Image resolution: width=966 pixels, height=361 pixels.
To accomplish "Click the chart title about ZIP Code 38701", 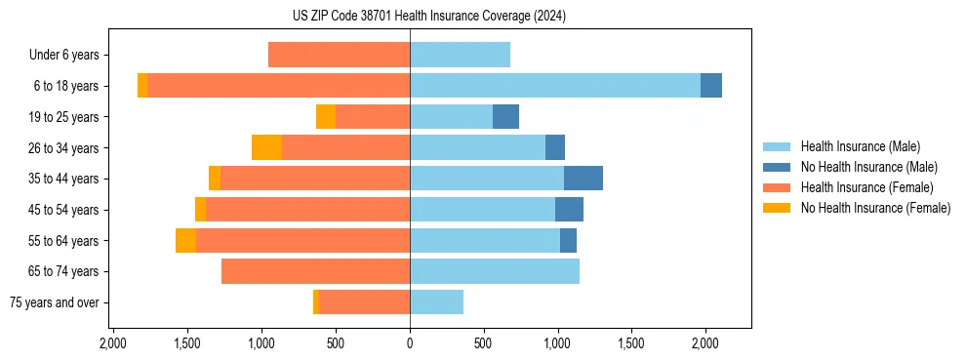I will tap(428, 16).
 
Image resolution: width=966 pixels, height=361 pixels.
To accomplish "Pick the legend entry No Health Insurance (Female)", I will tap(875, 208).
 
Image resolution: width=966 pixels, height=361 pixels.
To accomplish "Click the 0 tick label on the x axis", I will tap(410, 343).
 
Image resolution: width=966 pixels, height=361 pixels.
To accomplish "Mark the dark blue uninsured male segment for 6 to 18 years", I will tap(711, 86).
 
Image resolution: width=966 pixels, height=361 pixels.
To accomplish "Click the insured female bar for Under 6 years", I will tap(339, 56).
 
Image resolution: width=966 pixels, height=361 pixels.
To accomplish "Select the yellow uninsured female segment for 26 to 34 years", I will tap(266, 147).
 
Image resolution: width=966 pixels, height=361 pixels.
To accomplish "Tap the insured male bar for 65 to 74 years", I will tap(495, 271).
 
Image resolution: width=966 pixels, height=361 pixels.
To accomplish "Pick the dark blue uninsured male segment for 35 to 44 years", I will tap(584, 179).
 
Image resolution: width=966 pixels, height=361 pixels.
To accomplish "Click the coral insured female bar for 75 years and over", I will tap(364, 302).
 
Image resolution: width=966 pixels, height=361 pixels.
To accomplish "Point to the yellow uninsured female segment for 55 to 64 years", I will tap(185, 240).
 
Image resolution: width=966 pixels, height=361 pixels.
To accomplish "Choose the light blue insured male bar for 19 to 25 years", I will tap(451, 117).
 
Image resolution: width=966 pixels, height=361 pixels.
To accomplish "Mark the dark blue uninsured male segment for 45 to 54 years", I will tap(569, 210).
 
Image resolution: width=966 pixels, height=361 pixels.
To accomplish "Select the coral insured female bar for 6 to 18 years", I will tap(278, 86).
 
